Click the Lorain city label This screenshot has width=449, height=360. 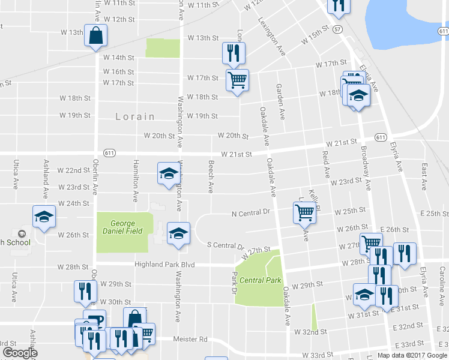pyautogui.click(x=135, y=116)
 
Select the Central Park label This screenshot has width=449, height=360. pyautogui.click(x=261, y=280)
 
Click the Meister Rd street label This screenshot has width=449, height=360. pyautogui.click(x=190, y=339)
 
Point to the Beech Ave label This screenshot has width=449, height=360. pyautogui.click(x=211, y=176)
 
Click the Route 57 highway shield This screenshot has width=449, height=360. pyautogui.click(x=339, y=29)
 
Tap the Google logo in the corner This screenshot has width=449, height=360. pyautogui.click(x=20, y=353)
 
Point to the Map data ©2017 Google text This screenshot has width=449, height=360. pyautogui.click(x=412, y=355)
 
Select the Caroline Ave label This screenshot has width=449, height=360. pyautogui.click(x=442, y=282)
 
